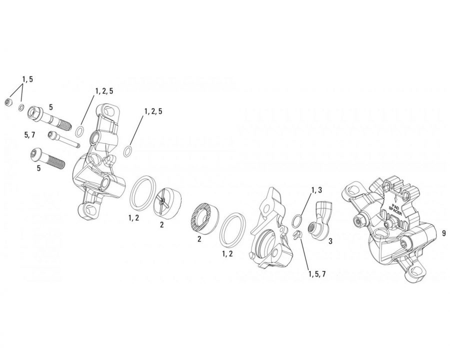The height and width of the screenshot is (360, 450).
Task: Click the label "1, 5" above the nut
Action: (x=27, y=79)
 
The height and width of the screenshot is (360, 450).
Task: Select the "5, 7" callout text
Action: (x=29, y=134)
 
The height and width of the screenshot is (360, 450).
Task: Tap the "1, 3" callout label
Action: (x=316, y=190)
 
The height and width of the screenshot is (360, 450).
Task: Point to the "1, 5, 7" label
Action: (x=317, y=274)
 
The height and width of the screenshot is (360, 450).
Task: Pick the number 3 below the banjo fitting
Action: (x=330, y=241)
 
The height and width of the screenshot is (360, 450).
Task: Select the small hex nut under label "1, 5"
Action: (x=8, y=102)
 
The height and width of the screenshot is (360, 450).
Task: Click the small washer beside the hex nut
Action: (x=21, y=107)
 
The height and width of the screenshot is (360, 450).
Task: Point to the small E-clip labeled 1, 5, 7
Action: (x=298, y=234)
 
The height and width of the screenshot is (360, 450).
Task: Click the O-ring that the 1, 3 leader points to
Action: (x=297, y=221)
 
